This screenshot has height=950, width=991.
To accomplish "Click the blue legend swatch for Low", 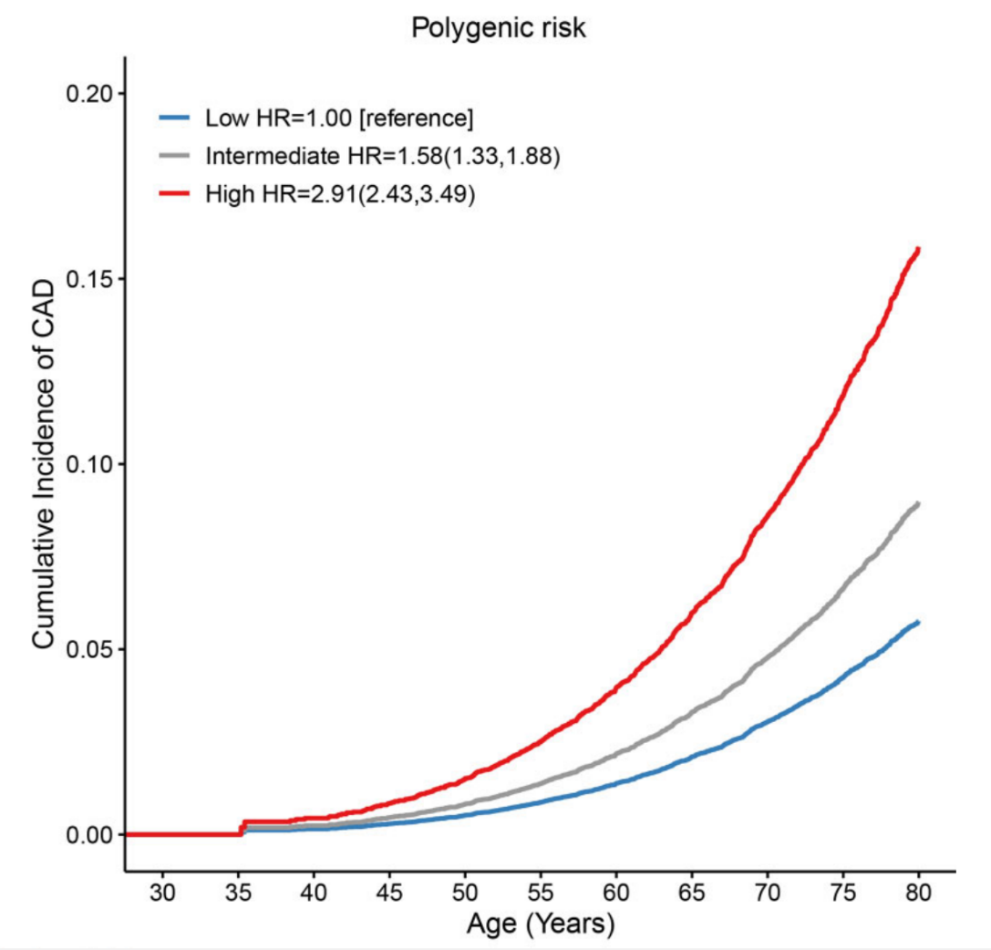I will [176, 119].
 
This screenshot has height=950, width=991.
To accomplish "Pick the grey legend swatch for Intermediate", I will [176, 157].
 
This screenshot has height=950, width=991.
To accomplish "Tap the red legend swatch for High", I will [176, 195].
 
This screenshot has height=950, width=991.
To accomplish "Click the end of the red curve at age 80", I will [918, 249].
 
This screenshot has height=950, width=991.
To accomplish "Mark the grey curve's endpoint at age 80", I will [918, 503].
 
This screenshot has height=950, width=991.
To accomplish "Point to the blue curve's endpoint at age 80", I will [918, 623].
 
